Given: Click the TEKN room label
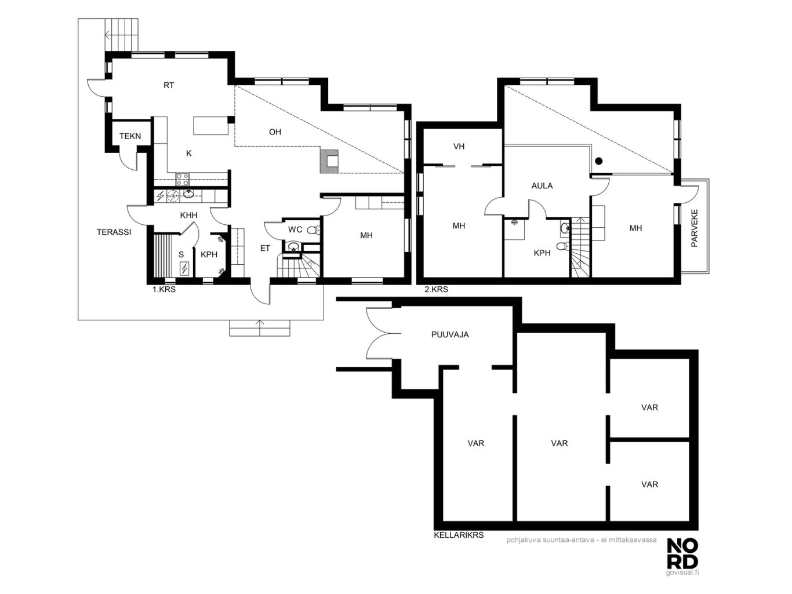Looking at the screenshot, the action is pyautogui.click(x=130, y=136).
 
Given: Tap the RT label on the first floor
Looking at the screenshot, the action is pyautogui.click(x=169, y=85).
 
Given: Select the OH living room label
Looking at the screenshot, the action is pyautogui.click(x=275, y=132).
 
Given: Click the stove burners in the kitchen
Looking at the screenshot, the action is pyautogui.click(x=182, y=179).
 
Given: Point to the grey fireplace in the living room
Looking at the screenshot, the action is pyautogui.click(x=329, y=161).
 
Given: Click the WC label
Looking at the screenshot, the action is pyautogui.click(x=295, y=229).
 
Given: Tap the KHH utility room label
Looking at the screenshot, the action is pyautogui.click(x=188, y=216).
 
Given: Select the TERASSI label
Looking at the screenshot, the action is pyautogui.click(x=114, y=232).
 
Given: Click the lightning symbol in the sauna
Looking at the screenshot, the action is pyautogui.click(x=184, y=269).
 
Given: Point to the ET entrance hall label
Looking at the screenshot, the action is pyautogui.click(x=265, y=248).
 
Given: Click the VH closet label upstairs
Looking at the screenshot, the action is pyautogui.click(x=459, y=147).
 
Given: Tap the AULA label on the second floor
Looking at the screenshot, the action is pyautogui.click(x=542, y=186).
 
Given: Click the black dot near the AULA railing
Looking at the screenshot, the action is pyautogui.click(x=599, y=161).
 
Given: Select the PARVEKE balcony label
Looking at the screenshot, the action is pyautogui.click(x=695, y=228).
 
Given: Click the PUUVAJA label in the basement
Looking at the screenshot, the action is pyautogui.click(x=450, y=335).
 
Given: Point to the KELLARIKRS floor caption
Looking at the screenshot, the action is pyautogui.click(x=459, y=535).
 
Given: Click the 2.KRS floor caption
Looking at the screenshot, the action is pyautogui.click(x=436, y=289).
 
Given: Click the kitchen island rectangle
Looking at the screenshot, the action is pyautogui.click(x=211, y=126).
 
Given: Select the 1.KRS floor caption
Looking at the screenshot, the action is pyautogui.click(x=164, y=289).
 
